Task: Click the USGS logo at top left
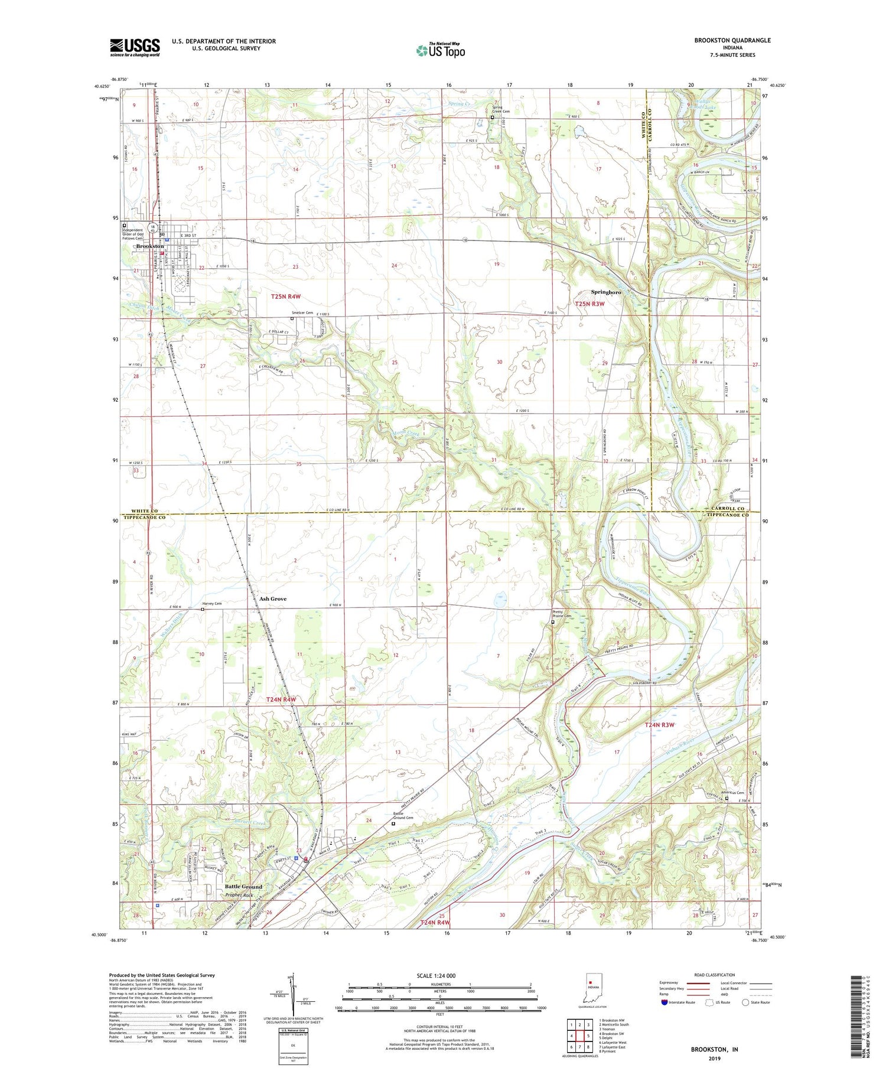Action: [x=135, y=47]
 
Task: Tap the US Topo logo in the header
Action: [x=441, y=50]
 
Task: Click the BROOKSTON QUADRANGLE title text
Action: [x=732, y=40]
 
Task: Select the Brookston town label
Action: [x=150, y=246]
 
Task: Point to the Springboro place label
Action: [x=606, y=292]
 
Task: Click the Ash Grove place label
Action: [x=273, y=598]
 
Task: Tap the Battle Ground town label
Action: [x=243, y=887]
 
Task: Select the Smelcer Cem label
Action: [x=302, y=313]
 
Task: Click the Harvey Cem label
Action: [x=211, y=604]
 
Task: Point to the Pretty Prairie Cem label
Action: [x=562, y=614]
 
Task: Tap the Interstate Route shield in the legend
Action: [x=664, y=1002]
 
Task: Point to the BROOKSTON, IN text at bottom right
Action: [x=715, y=1049]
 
